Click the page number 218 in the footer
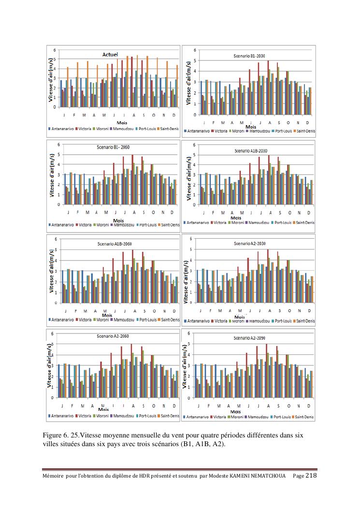click(x=311, y=476)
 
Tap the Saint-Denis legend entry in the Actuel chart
click(x=166, y=130)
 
